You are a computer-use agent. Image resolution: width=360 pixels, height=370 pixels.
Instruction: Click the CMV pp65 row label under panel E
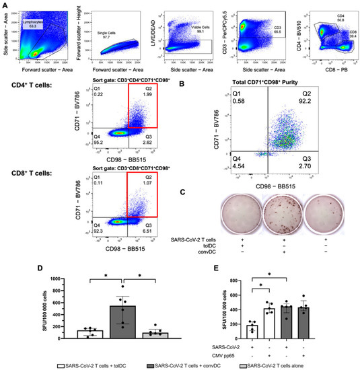[218, 354]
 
